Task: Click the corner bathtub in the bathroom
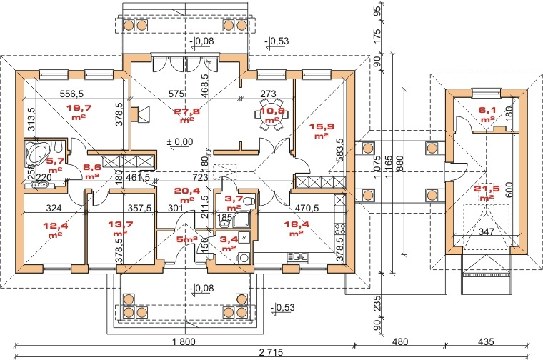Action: pos(34,153)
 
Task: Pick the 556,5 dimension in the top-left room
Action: pos(71,94)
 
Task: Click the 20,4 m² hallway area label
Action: pos(188,195)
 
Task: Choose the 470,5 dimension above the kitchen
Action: pos(309,210)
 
